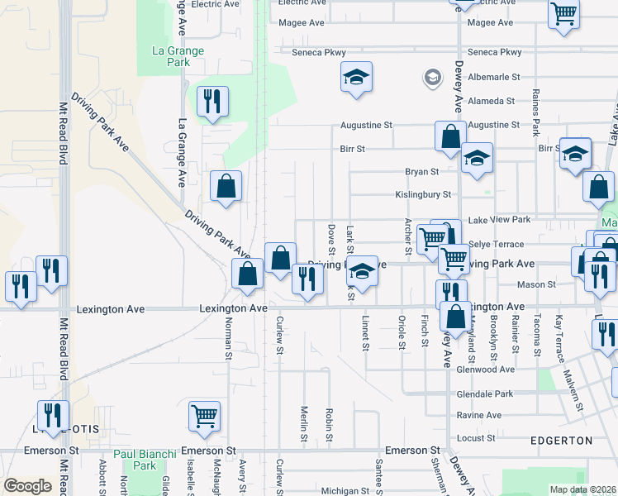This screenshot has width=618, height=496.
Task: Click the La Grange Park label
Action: click(178, 56)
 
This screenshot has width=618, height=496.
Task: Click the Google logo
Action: click(27, 486)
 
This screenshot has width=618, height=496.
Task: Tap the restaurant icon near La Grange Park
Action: click(212, 102)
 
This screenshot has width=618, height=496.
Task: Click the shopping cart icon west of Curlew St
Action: click(204, 417)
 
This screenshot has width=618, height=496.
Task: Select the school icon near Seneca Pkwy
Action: click(356, 78)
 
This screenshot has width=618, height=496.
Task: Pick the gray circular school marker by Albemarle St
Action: click(432, 78)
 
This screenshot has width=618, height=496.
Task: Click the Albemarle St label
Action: click(493, 77)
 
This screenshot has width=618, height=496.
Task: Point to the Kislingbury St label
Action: click(423, 195)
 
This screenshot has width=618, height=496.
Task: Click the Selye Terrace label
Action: click(496, 245)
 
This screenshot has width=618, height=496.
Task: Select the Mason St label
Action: click(536, 284)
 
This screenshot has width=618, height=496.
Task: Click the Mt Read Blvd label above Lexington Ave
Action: click(62, 132)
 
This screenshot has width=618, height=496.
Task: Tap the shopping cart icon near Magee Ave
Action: click(563, 13)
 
